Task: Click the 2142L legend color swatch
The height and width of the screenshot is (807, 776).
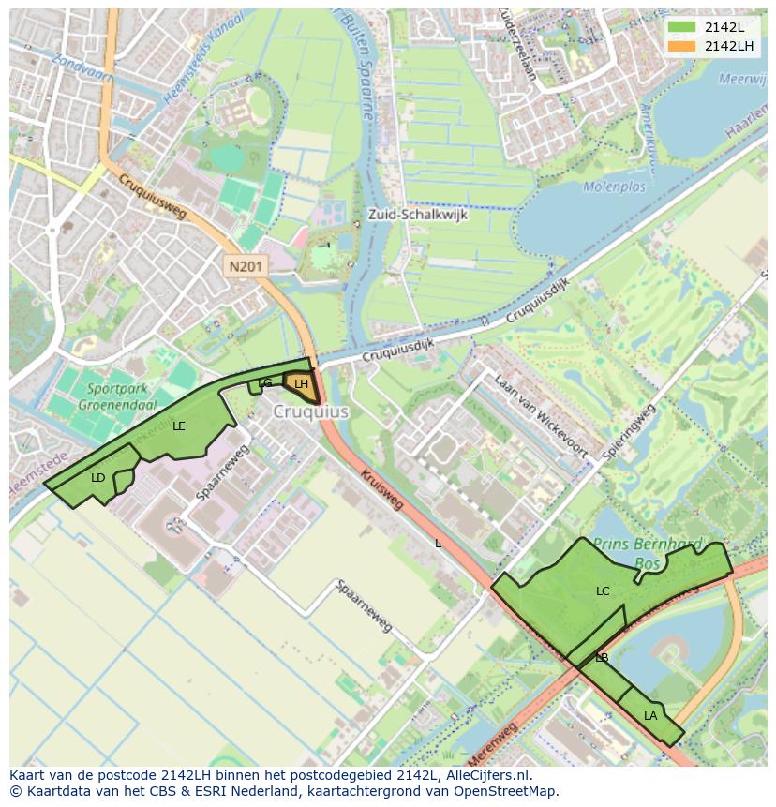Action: click(x=680, y=27)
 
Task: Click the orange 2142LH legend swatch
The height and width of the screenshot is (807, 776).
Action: click(x=680, y=46)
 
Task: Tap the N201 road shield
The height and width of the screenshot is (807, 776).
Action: click(x=246, y=267)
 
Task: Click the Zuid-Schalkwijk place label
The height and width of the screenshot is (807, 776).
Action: click(x=417, y=214)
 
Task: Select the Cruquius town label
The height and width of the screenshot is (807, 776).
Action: click(x=311, y=411)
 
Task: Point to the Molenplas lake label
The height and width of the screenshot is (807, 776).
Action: click(x=614, y=187)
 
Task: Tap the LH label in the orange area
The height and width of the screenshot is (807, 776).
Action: click(x=301, y=384)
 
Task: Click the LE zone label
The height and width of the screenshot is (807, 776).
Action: click(x=179, y=426)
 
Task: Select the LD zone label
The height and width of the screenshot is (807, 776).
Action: click(x=98, y=478)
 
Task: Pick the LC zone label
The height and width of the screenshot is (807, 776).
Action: click(x=603, y=591)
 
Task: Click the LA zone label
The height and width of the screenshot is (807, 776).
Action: click(x=650, y=716)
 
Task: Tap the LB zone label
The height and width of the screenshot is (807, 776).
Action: click(x=602, y=658)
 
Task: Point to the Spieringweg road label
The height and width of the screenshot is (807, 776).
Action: click(x=628, y=431)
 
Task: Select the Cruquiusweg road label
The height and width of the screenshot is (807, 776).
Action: click(x=153, y=196)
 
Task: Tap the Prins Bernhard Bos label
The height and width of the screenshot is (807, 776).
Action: click(x=642, y=553)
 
